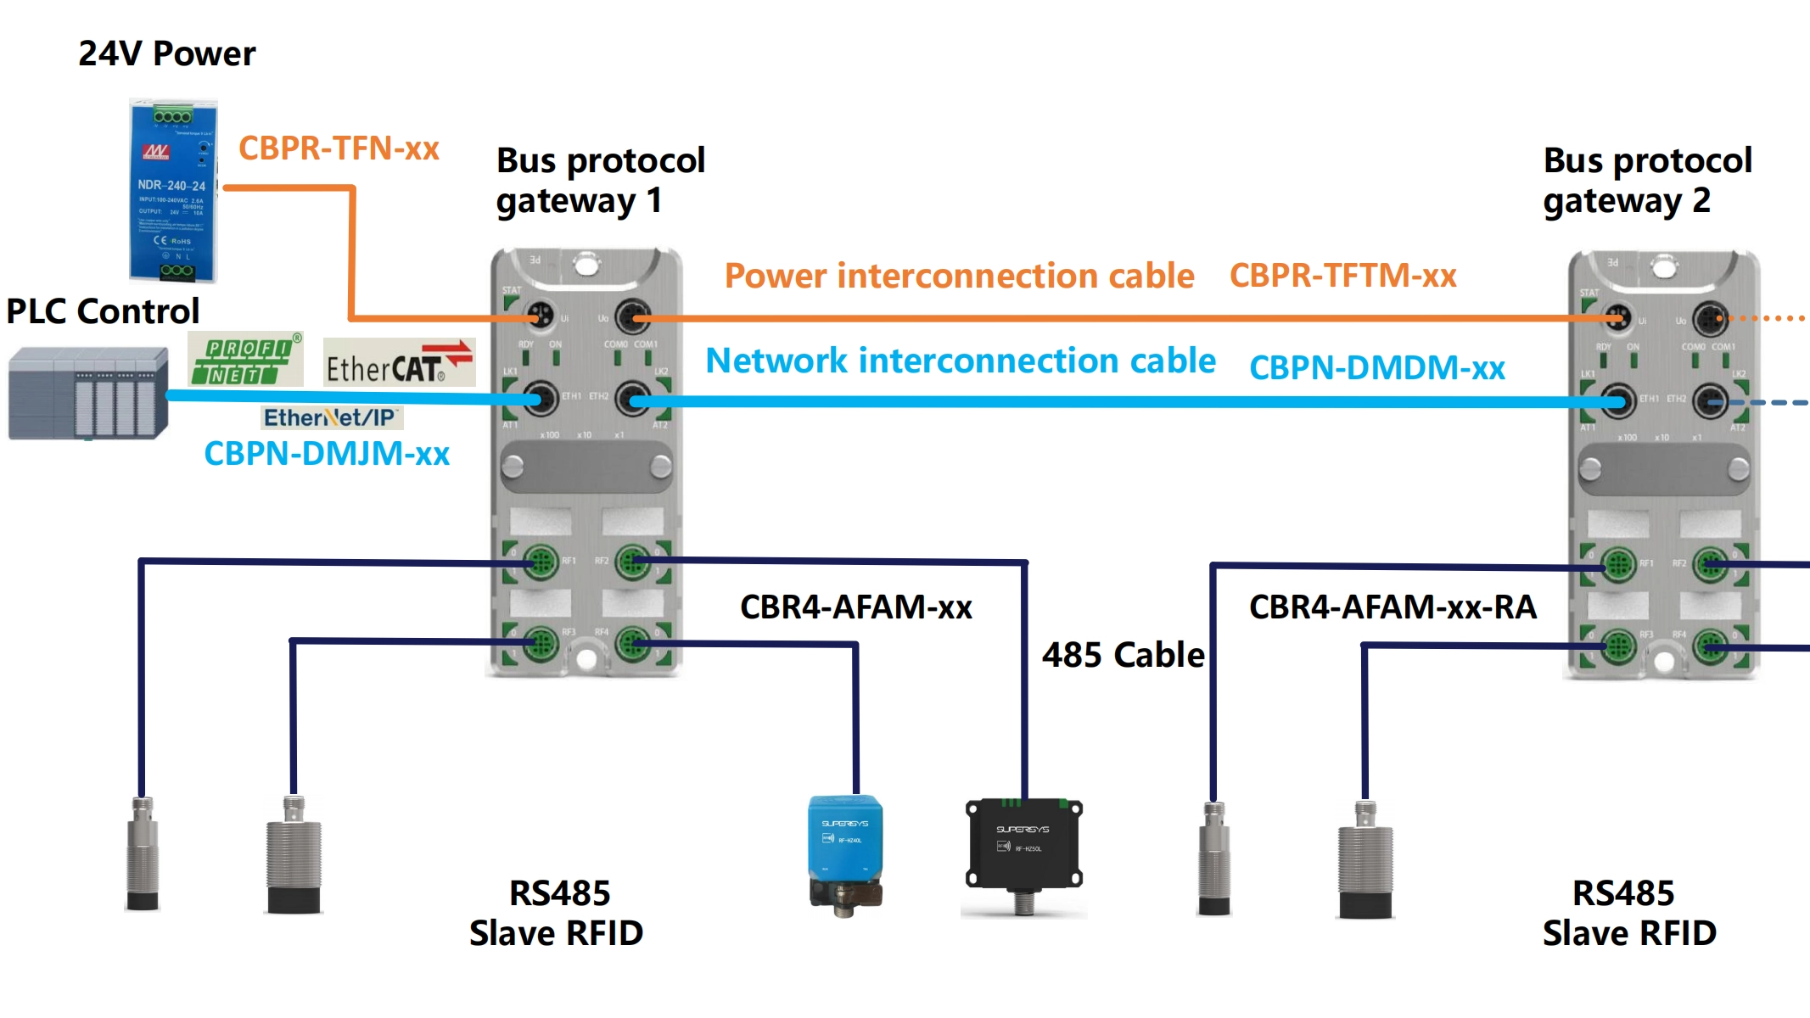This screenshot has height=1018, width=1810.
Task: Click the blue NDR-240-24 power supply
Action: pos(173,191)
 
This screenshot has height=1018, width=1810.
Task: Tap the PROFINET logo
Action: pos(244,360)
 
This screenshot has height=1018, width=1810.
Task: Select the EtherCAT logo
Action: pos(399,362)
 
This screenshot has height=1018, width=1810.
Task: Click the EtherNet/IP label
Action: pos(330,417)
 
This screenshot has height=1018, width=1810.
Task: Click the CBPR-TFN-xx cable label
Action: pos(339,148)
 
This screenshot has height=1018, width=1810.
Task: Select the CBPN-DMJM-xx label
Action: pos(327,454)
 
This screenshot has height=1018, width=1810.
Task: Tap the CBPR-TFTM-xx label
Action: pos(1342,276)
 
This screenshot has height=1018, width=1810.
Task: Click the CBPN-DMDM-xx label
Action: pos(1376,368)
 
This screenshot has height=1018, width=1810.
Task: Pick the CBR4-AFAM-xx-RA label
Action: pos(1393,607)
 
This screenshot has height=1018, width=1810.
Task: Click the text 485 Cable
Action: pos(1123,655)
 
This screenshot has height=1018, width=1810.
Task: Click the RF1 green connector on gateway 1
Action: pos(540,562)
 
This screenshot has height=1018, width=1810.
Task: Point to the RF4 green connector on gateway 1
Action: pos(632,645)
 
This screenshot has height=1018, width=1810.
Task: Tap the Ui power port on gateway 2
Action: pos(1617,319)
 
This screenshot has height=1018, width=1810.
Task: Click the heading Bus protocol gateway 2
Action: pos(1646,181)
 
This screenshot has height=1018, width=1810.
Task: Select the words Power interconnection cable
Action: pos(959,277)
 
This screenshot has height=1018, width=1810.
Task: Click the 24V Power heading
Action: pos(166,53)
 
